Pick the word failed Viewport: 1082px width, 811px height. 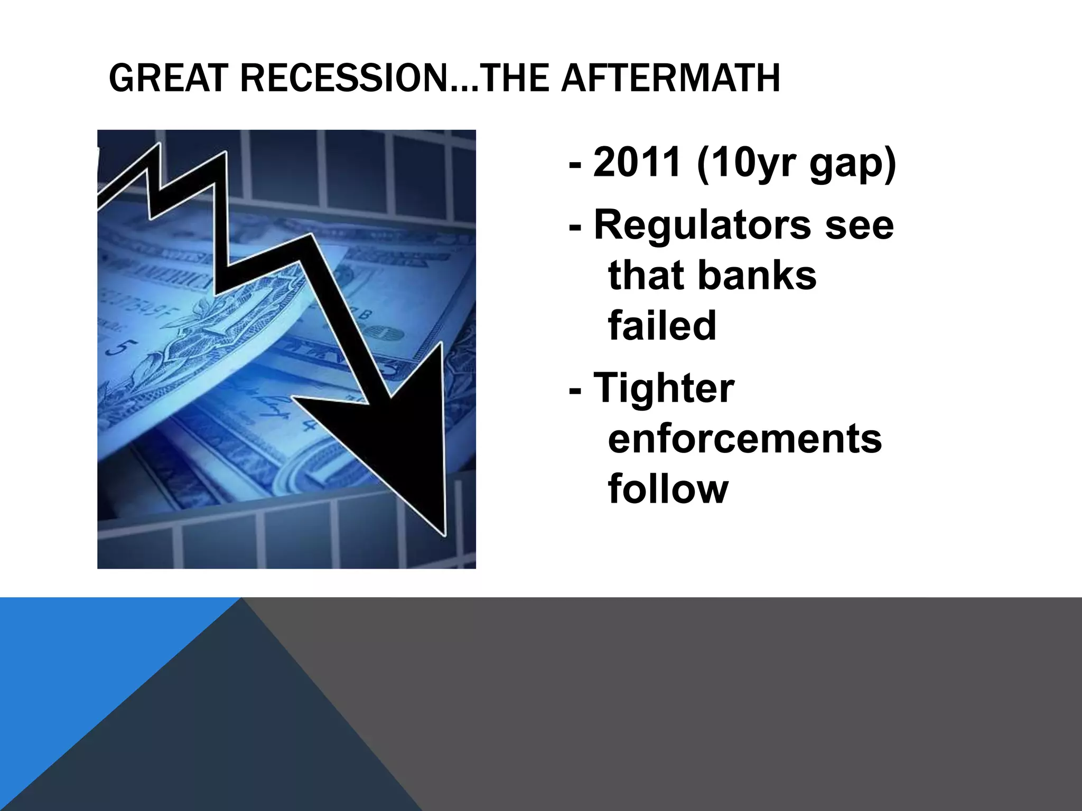pyautogui.click(x=662, y=325)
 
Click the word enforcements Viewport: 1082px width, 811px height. pyautogui.click(x=745, y=438)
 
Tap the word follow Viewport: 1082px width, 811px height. pyautogui.click(x=668, y=488)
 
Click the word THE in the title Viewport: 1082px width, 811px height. pyautogui.click(x=512, y=78)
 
